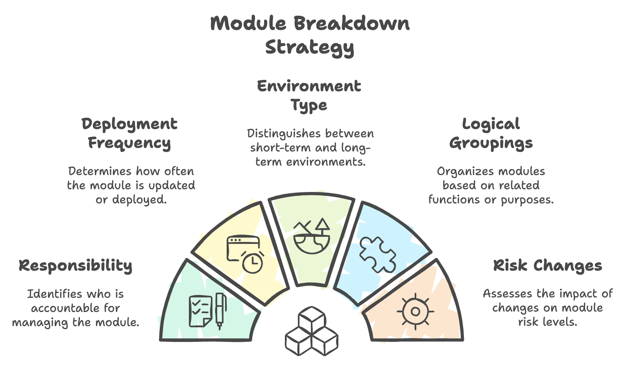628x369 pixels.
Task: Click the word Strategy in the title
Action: (x=310, y=47)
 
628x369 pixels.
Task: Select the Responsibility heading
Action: (x=75, y=266)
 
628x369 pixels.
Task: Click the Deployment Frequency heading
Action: (x=129, y=133)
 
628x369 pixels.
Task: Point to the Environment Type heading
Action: (x=309, y=95)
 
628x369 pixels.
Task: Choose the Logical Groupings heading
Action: (x=491, y=133)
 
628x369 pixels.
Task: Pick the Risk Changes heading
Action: (x=547, y=266)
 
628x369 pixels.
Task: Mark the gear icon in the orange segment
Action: (x=415, y=312)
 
